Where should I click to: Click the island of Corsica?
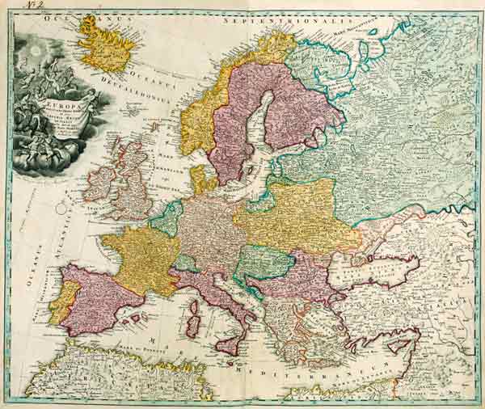pyautogui.click(x=195, y=306)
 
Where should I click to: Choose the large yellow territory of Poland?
pyautogui.click(x=295, y=214)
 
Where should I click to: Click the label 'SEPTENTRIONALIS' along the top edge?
pyautogui.click(x=287, y=14)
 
